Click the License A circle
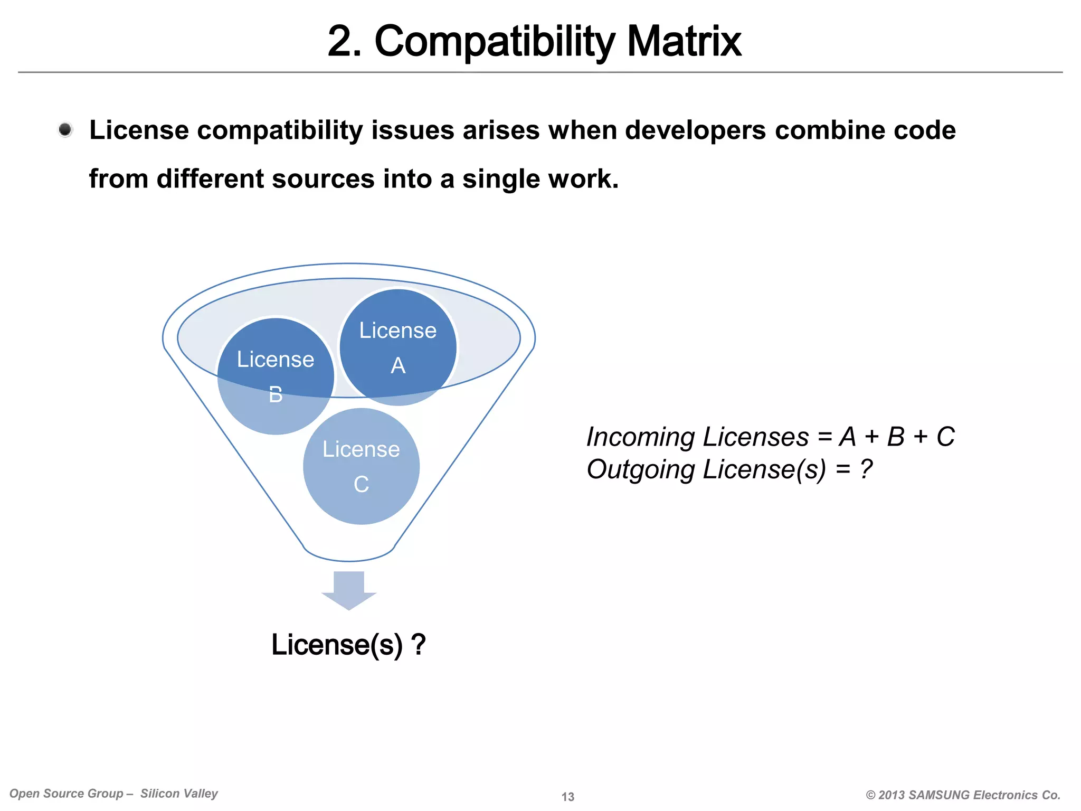coord(398,347)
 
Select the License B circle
coord(276,376)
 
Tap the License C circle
coord(361,466)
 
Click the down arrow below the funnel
coord(349,590)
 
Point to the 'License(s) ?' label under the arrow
coord(348,645)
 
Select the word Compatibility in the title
coord(495,42)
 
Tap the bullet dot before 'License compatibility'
coord(65,130)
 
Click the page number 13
coord(568,797)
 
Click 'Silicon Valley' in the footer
coord(179,794)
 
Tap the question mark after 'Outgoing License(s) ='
coord(866,469)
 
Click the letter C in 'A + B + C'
coord(945,437)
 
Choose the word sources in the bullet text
coord(323,179)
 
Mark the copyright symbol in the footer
coord(870,795)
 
